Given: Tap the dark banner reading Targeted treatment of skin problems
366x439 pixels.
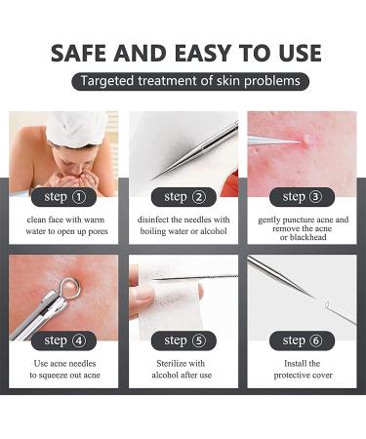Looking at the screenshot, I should [190, 81].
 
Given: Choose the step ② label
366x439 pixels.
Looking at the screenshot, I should [183, 197].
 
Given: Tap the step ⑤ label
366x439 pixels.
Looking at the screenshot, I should [183, 340].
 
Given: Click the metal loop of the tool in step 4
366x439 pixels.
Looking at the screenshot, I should [66, 287].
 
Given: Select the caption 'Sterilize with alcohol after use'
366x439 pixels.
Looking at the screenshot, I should [183, 369].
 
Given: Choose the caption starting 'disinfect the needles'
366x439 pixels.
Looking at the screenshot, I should [183, 225].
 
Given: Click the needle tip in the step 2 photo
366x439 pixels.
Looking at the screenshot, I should [155, 177].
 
